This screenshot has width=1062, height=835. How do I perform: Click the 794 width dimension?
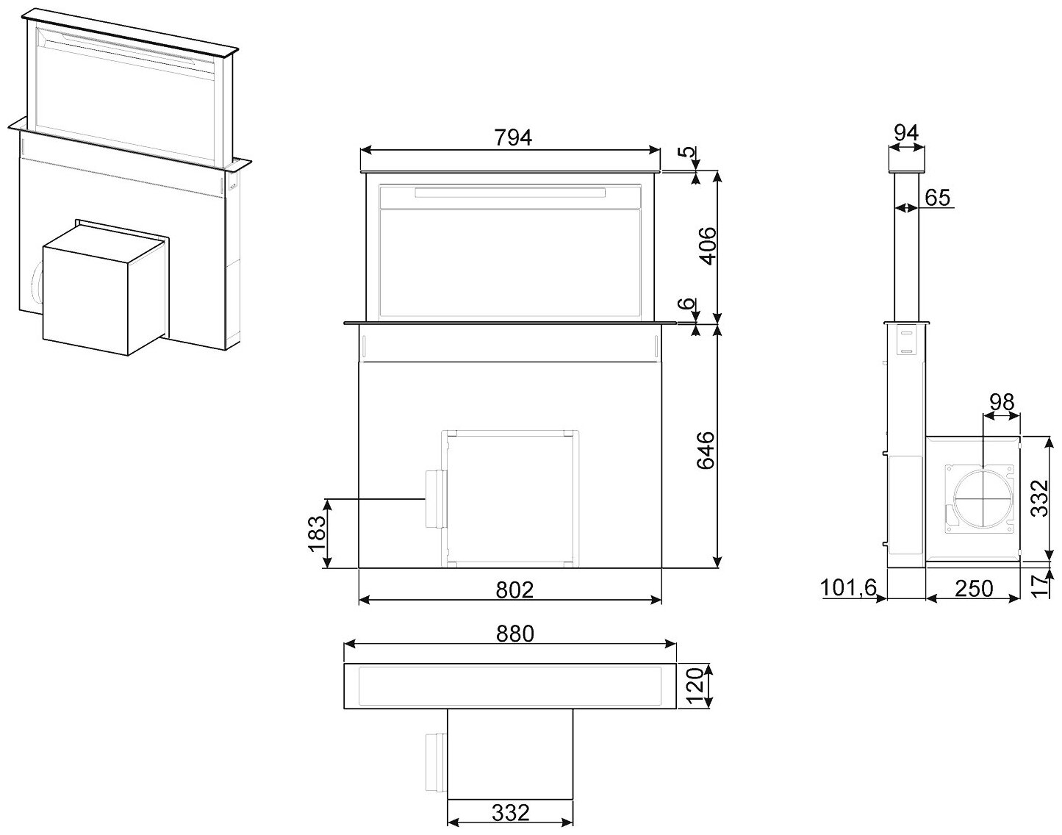tap(512, 137)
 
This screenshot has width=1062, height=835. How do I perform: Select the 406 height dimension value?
tap(706, 246)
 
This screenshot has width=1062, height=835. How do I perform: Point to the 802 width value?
tap(512, 589)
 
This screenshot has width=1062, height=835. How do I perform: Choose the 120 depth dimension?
tap(695, 686)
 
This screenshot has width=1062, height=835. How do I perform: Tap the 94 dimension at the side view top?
tap(907, 133)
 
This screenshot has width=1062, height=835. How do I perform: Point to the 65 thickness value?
tap(937, 197)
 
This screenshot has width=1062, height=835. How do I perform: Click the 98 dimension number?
tap(1001, 402)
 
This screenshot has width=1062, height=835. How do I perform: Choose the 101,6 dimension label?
tap(849, 589)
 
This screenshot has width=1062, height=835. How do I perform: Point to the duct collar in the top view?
tap(436, 760)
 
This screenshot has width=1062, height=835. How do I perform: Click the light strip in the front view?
tap(510, 193)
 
